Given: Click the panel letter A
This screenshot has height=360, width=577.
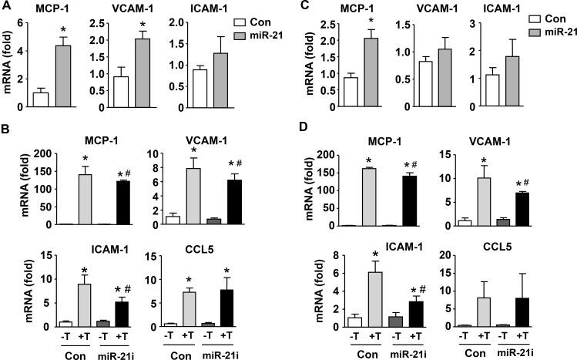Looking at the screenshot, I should tap(6, 7).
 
